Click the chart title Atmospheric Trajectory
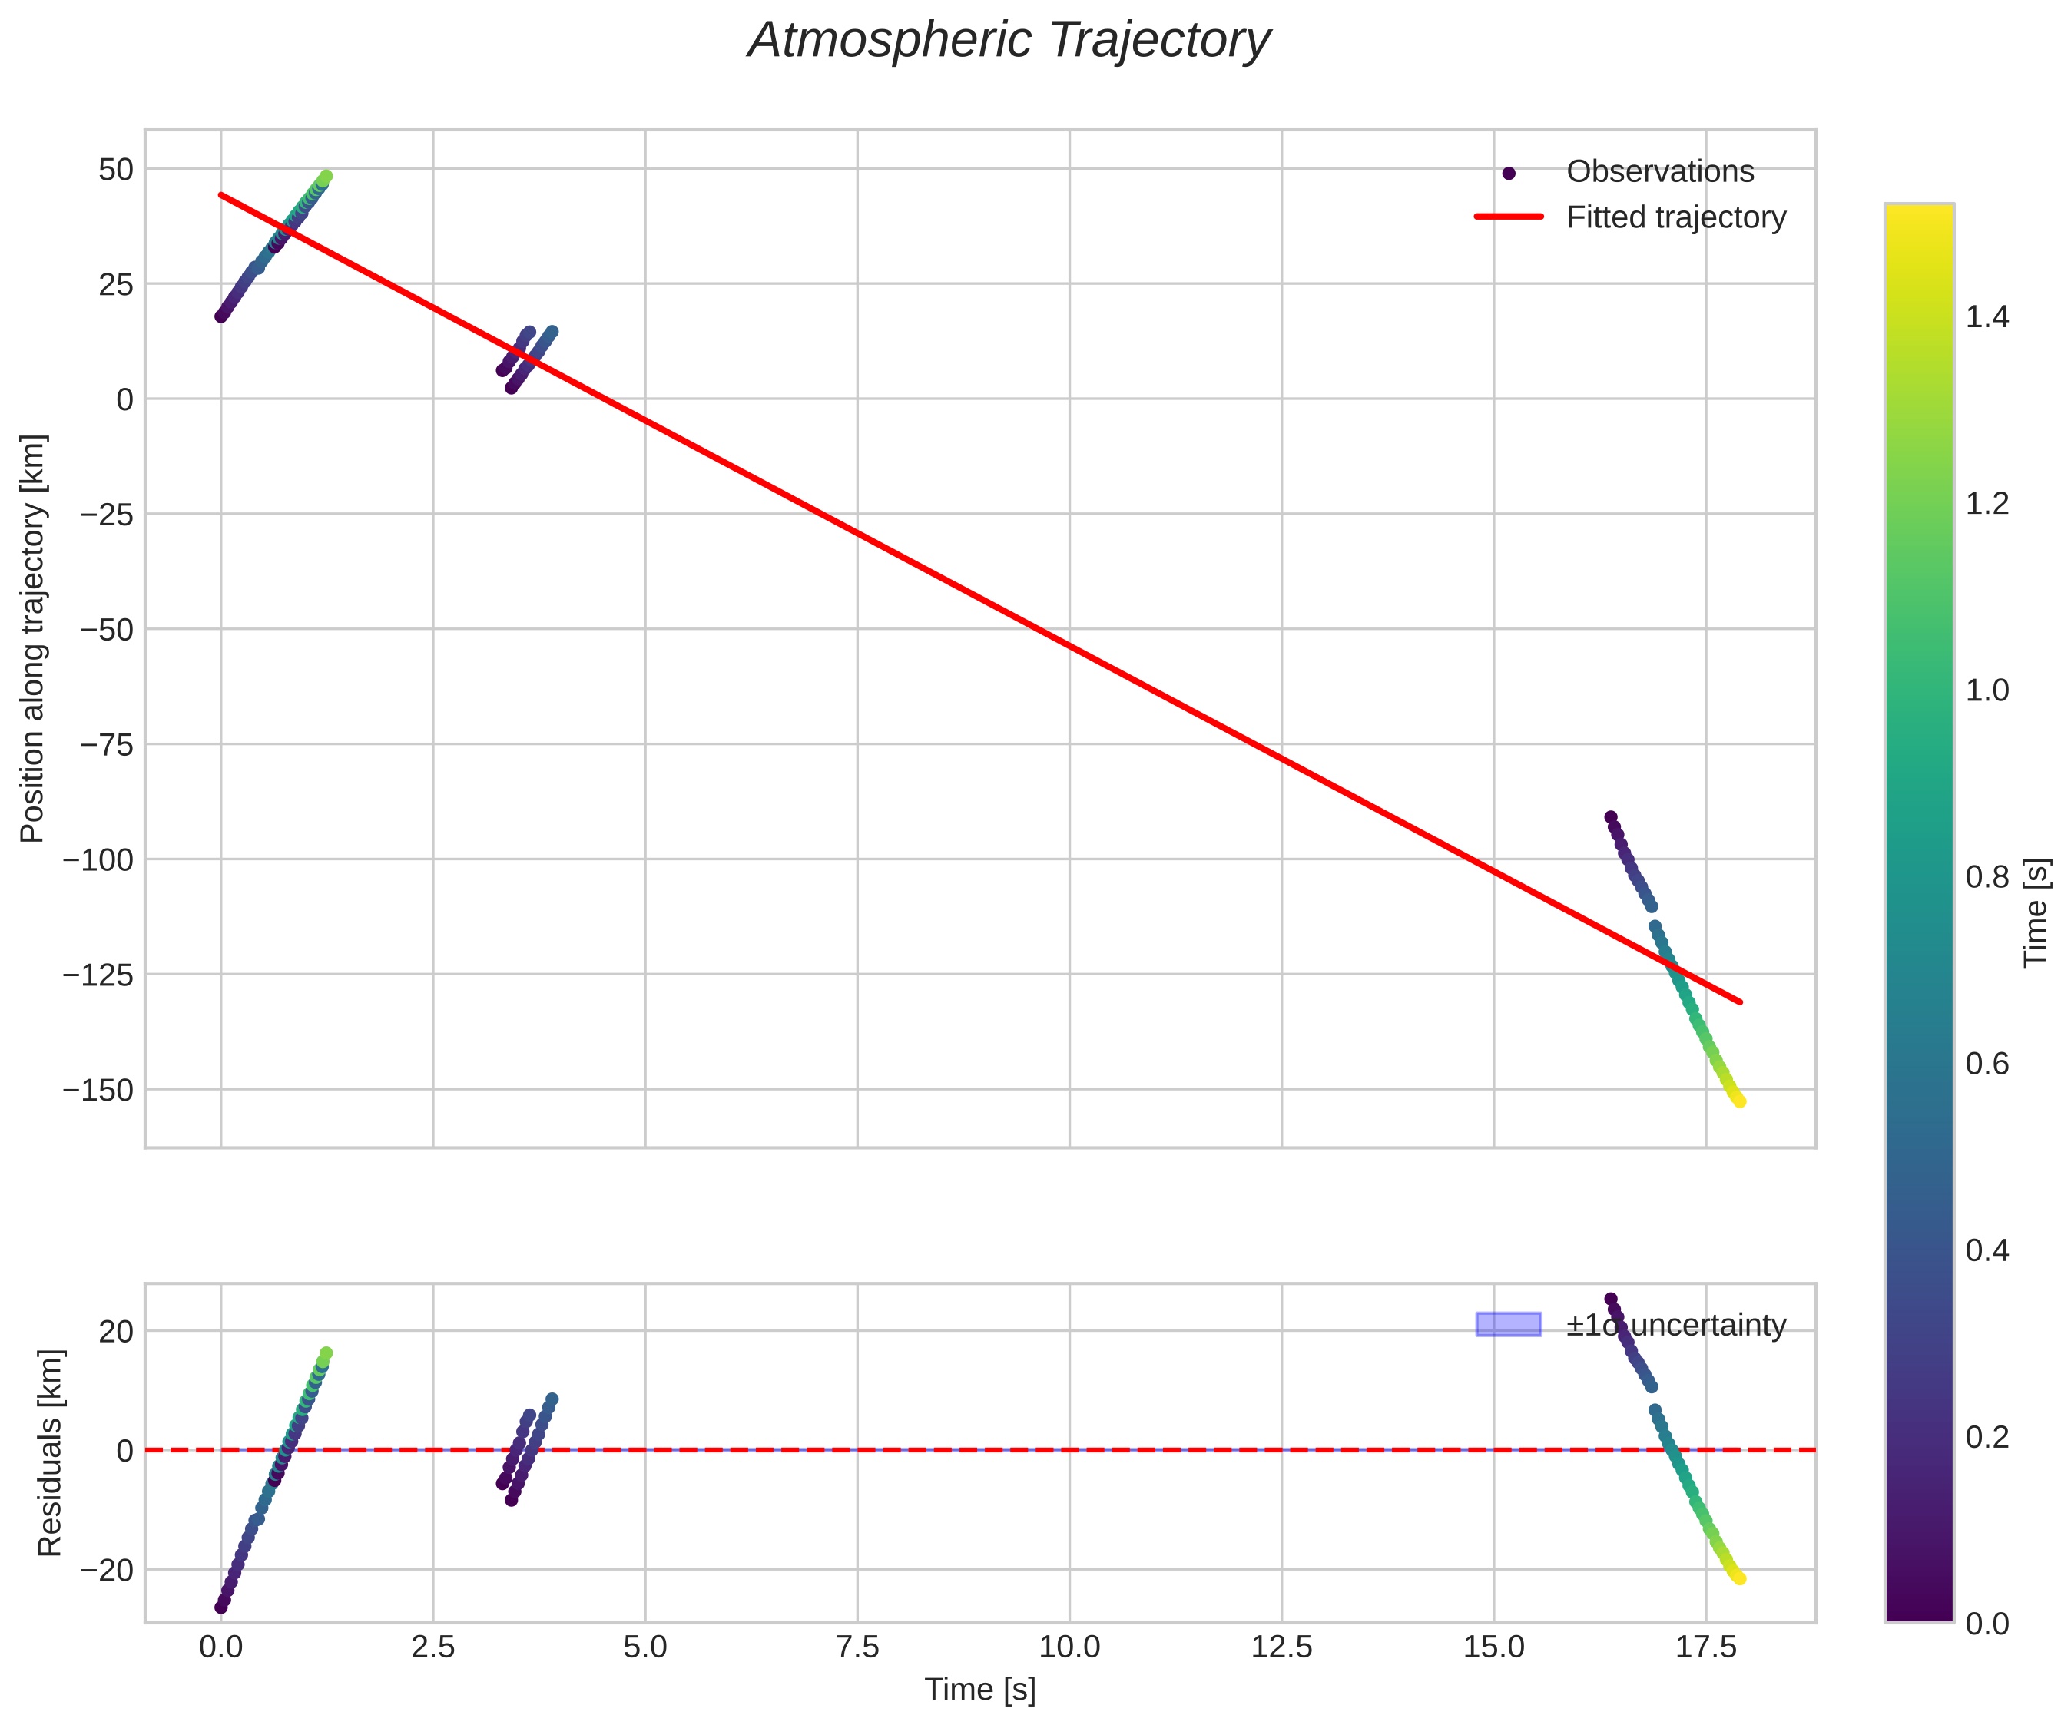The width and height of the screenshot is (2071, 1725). click(1008, 41)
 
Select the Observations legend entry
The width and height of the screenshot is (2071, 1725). click(1660, 171)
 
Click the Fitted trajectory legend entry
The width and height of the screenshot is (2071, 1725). click(1675, 217)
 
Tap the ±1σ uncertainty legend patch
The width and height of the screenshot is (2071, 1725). click(1508, 1325)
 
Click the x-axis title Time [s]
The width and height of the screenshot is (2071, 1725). click(979, 1690)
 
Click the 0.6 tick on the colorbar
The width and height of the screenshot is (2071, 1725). click(1987, 1064)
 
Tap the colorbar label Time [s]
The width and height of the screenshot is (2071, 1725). click(2036, 912)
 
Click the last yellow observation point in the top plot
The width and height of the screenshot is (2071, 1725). click(1740, 1101)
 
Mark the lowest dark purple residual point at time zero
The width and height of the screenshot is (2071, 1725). click(221, 1607)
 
